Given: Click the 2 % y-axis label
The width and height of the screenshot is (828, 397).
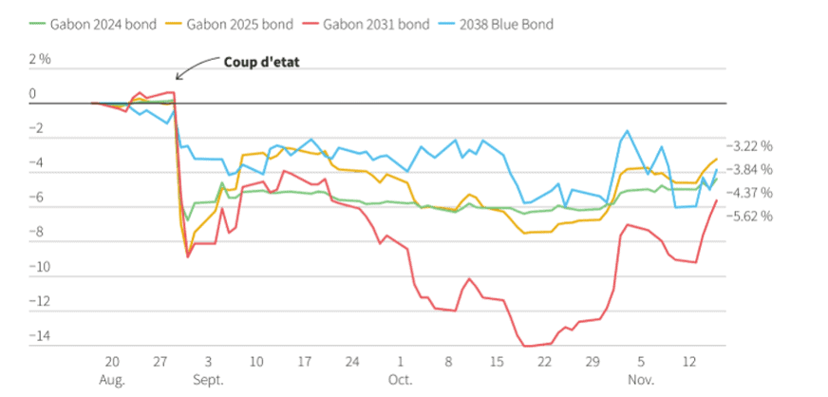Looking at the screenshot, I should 40,59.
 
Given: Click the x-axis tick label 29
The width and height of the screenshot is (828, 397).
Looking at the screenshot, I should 593,362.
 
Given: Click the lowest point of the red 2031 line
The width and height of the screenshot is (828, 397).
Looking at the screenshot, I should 528,347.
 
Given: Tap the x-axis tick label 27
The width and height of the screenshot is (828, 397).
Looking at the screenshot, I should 160,362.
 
